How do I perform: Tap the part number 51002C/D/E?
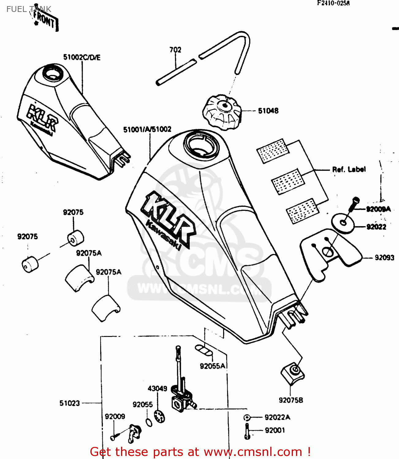[x=82, y=58]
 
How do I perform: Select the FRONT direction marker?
[x=45, y=20]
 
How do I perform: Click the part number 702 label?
[x=175, y=50]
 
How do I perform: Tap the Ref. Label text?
[x=349, y=169]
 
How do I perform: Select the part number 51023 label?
[x=70, y=403]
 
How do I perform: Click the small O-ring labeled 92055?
[x=149, y=423]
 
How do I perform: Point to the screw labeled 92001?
[x=247, y=431]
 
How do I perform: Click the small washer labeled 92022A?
[x=247, y=417]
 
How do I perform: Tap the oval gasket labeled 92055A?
[x=204, y=350]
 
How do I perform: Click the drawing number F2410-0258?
[x=333, y=3]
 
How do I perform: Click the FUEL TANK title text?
[x=28, y=9]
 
